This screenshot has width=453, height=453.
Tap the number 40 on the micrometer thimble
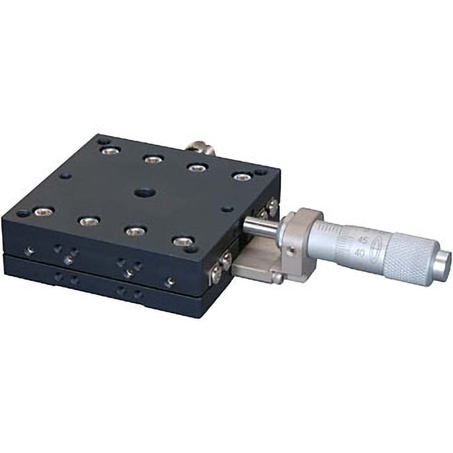(x=358, y=253)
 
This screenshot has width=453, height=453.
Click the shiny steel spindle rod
(x=262, y=225)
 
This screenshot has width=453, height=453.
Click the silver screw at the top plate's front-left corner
(x=43, y=212)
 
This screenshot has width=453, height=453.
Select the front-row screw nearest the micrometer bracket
(x=182, y=242)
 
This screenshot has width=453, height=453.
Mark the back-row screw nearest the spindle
(x=242, y=177)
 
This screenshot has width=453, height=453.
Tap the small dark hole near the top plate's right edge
(x=226, y=209)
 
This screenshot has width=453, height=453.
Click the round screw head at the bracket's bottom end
(x=277, y=278)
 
